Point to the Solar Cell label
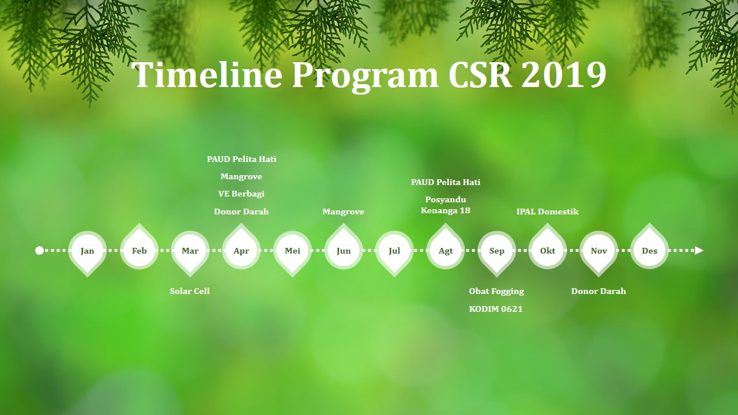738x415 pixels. point(190,291)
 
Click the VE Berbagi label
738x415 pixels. point(241,194)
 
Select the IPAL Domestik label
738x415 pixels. point(548,212)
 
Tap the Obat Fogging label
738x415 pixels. point(496,292)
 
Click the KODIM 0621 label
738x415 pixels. point(496,309)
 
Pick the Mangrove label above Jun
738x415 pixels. point(343,212)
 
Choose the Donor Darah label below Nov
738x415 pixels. point(598,291)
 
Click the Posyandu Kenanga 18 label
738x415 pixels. point(446,205)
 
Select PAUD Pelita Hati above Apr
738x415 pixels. point(242,159)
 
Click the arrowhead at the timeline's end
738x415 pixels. point(699,251)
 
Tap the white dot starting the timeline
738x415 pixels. point(40,251)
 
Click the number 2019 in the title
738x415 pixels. point(563,75)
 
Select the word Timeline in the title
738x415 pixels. point(207,74)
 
